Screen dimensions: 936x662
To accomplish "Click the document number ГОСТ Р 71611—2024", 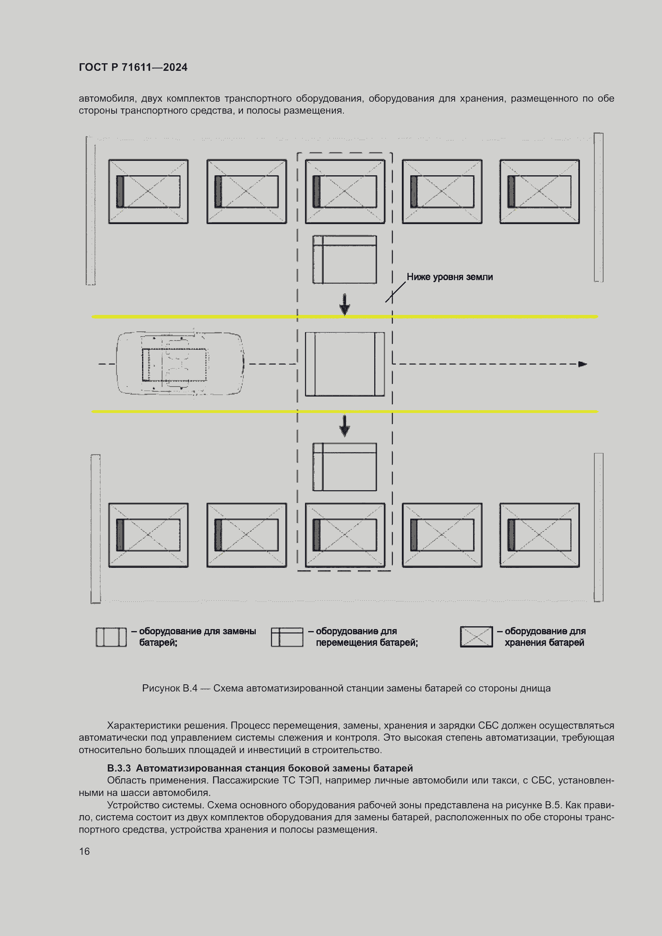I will point(133,67).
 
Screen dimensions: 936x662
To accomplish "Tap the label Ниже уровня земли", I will point(449,277).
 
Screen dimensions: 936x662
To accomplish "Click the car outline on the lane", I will point(180,364).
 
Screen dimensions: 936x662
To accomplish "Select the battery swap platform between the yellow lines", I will point(345,364).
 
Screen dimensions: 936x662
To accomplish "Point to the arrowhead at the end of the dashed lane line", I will point(582,364).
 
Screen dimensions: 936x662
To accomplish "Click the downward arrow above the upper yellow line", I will point(345,305).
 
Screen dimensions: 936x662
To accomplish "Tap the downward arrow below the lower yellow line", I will point(345,426).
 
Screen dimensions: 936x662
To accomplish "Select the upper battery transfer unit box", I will point(345,259).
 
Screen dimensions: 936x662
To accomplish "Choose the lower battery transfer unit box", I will point(345,467).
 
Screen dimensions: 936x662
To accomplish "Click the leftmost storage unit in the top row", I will point(148,192).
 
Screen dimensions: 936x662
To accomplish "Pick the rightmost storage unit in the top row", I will point(539,192).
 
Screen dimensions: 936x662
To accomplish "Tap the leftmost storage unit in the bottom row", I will point(148,535).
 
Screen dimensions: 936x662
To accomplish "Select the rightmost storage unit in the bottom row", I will point(539,535).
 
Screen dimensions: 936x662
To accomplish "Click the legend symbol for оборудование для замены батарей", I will point(111,637).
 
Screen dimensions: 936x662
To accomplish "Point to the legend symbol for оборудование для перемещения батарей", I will point(287,637).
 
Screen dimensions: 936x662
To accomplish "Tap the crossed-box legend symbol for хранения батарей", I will point(476,637).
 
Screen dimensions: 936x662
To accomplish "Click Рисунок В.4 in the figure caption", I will point(169,689).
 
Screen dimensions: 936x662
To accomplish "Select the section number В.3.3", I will point(118,768).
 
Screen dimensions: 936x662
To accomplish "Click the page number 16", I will point(84,852).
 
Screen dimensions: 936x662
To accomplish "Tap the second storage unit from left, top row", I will point(247,192).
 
